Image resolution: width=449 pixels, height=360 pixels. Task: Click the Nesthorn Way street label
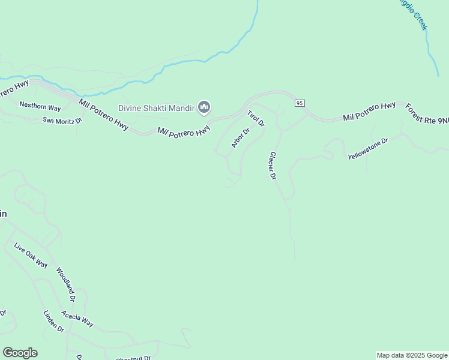[40, 107]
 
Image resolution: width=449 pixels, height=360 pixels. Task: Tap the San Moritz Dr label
[61, 120]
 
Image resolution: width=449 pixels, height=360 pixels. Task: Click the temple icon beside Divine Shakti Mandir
[204, 108]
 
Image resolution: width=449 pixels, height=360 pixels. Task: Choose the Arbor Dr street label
[241, 138]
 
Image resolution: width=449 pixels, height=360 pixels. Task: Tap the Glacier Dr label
[273, 166]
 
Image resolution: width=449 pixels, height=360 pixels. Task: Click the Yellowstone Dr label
[368, 148]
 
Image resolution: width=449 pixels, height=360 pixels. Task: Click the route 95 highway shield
[300, 103]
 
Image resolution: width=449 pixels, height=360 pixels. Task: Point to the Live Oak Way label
[31, 256]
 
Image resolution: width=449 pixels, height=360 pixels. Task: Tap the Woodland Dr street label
[65, 284]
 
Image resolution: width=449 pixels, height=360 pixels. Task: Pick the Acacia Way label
[77, 319]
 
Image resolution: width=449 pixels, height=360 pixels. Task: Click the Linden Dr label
[53, 321]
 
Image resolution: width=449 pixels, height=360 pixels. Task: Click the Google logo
[20, 353]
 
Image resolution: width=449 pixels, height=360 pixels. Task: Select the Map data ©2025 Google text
[412, 355]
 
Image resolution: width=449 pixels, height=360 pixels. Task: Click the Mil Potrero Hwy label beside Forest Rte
[369, 112]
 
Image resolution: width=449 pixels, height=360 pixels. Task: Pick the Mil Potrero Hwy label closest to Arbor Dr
[184, 131]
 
